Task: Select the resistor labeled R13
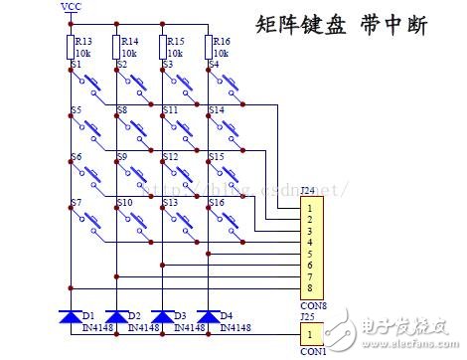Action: tap(70, 47)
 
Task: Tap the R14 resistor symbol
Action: tap(116, 47)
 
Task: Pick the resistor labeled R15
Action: tap(162, 47)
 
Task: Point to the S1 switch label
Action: tap(77, 65)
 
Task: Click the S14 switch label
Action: tap(217, 110)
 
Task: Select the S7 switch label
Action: tap(77, 203)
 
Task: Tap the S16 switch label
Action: tap(217, 203)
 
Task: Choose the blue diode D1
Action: tap(70, 317)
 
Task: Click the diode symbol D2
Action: tap(116, 317)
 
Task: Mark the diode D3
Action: tap(162, 317)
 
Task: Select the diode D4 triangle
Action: tap(208, 317)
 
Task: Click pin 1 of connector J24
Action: tap(310, 208)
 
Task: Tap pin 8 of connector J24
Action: tap(310, 287)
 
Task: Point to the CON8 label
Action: tap(312, 306)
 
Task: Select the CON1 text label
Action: tap(312, 352)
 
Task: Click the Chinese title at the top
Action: tap(342, 25)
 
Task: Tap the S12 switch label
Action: tap(171, 157)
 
